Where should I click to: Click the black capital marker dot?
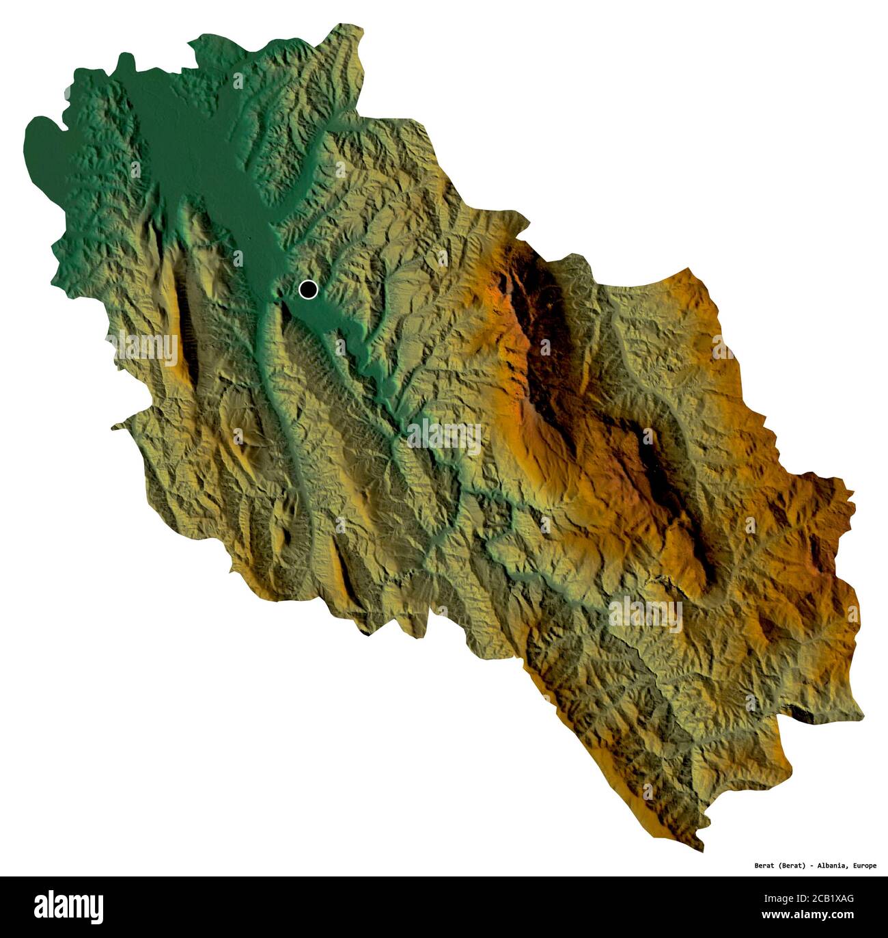pyautogui.click(x=308, y=290)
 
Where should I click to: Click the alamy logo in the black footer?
pyautogui.click(x=69, y=907)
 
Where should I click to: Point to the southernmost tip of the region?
pyautogui.click(x=700, y=850)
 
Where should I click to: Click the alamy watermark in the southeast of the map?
pyautogui.click(x=646, y=614)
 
